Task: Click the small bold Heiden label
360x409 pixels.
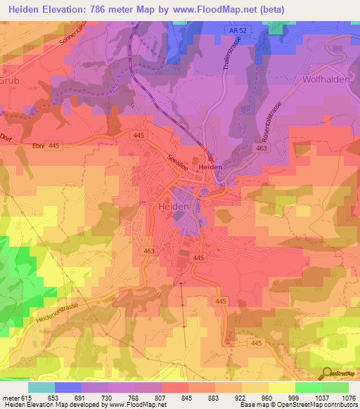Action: point(210,168)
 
